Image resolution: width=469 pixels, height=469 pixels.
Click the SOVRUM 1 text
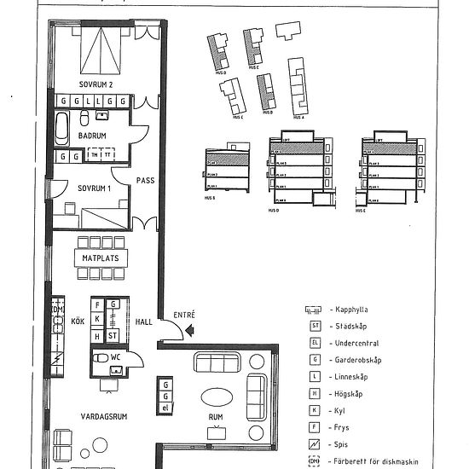pyautogui.click(x=96, y=187)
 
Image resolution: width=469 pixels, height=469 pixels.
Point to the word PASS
pyautogui.click(x=146, y=180)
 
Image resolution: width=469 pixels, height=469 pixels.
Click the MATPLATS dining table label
pyautogui.click(x=100, y=258)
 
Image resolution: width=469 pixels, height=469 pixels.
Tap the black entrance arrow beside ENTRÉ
pyautogui.click(x=190, y=327)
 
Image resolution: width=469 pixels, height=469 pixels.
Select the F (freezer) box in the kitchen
pyautogui.click(x=98, y=305)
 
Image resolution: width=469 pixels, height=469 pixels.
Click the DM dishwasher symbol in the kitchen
pyautogui.click(x=58, y=310)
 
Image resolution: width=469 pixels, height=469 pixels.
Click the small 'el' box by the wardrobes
pyautogui.click(x=165, y=408)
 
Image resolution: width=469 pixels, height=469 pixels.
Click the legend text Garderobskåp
pyautogui.click(x=358, y=360)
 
